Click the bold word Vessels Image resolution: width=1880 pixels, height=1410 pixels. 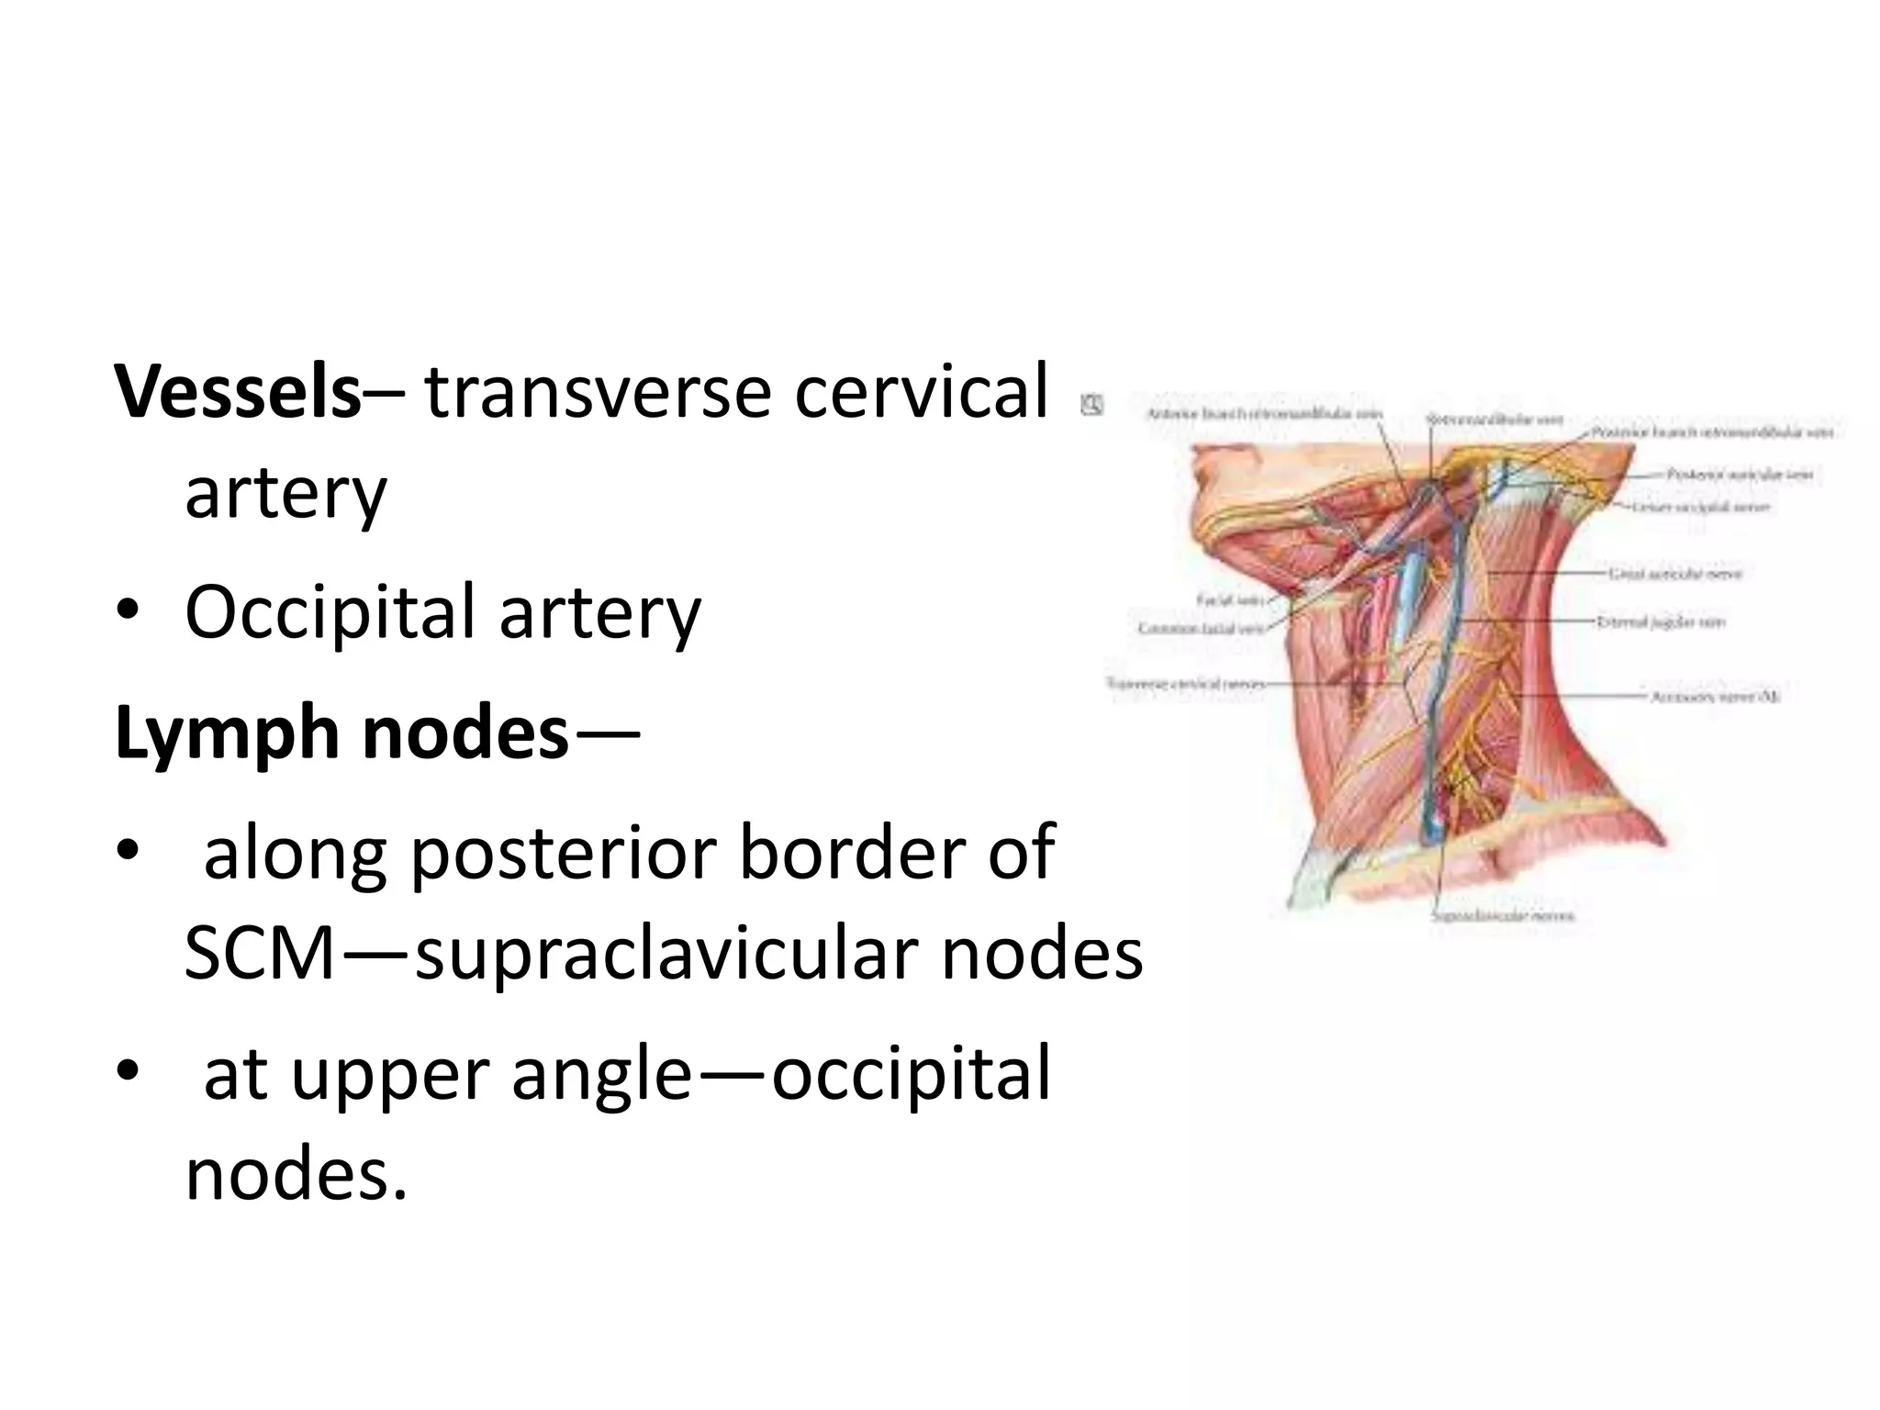click(x=238, y=392)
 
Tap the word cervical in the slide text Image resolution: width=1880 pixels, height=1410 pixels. click(x=921, y=392)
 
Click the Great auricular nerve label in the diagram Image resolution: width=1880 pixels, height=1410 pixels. click(x=1674, y=574)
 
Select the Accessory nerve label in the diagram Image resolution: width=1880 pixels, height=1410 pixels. click(x=1715, y=697)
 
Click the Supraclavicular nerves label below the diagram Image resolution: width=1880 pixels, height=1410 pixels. click(x=1502, y=916)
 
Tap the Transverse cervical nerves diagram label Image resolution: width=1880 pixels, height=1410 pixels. click(x=1184, y=684)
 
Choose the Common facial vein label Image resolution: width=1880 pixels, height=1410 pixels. click(x=1200, y=629)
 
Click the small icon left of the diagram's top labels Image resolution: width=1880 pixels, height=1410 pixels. click(x=1092, y=404)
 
